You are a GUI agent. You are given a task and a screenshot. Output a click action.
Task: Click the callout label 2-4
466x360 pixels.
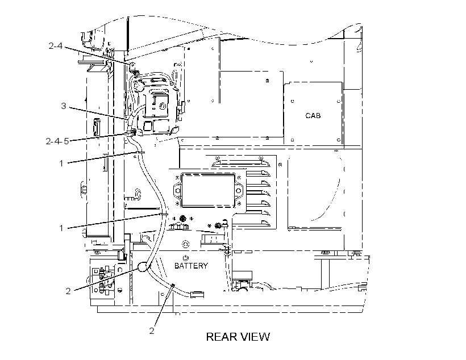click(56, 46)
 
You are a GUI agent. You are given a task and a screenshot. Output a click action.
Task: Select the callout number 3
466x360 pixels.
click(63, 106)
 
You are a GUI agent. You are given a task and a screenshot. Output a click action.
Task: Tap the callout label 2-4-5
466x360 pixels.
click(57, 141)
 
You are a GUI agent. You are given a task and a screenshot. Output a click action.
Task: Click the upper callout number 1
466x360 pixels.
click(61, 163)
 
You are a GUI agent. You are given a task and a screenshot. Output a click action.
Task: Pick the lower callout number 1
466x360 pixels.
click(61, 228)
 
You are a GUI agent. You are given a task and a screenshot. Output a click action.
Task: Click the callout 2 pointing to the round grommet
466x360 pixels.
click(68, 291)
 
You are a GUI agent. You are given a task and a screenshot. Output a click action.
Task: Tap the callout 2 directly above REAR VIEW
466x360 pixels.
click(152, 330)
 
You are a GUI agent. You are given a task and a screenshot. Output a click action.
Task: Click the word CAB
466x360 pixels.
click(313, 115)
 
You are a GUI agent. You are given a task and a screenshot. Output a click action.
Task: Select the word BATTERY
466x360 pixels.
click(191, 266)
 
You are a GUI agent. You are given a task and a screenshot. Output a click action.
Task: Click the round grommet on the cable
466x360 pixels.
click(143, 267)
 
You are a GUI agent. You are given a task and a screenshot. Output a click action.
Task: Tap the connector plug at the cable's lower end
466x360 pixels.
click(197, 294)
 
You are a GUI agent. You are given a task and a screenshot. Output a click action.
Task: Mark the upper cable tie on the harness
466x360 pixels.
click(139, 153)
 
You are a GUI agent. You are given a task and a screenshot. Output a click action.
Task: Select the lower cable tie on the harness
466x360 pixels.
click(164, 214)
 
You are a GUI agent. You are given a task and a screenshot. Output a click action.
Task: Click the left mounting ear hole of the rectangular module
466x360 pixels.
click(177, 190)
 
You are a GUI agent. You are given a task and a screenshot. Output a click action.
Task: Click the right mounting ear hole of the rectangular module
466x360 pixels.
click(239, 190)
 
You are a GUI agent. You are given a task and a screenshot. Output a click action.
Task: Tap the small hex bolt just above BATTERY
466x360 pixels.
click(186, 258)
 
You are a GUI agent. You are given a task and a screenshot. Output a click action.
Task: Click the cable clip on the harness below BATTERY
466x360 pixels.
click(172, 286)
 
